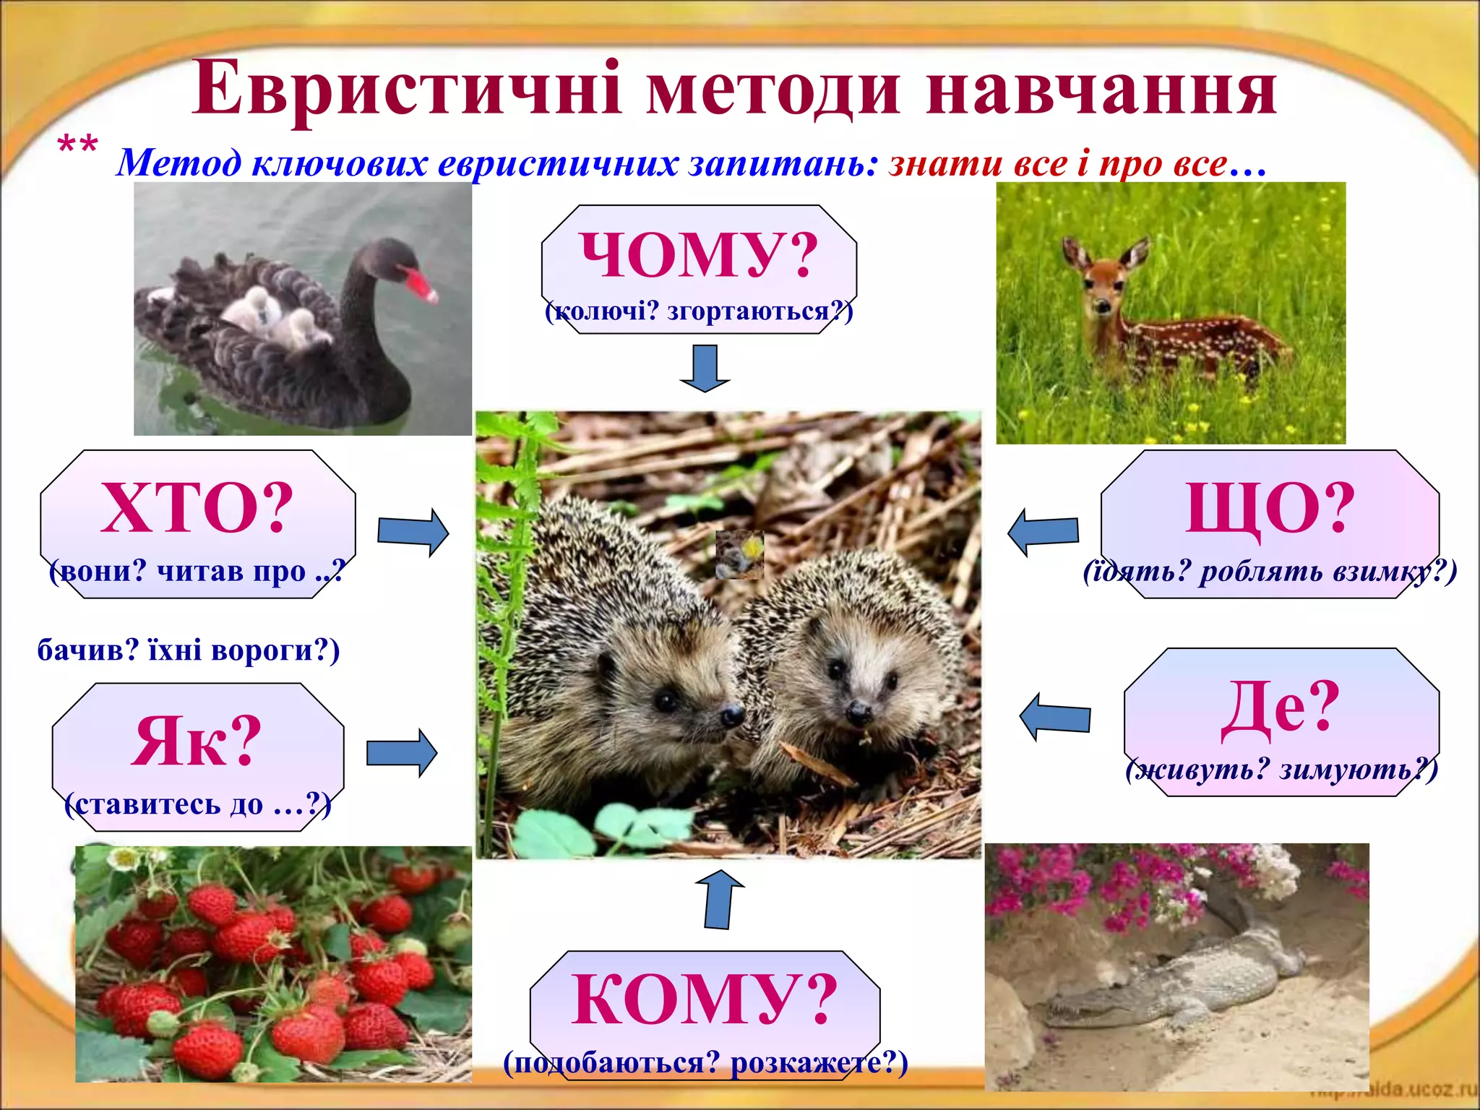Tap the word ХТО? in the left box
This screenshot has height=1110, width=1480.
(197, 508)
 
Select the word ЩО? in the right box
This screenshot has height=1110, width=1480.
(1270, 508)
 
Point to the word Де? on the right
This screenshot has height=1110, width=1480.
(1280, 708)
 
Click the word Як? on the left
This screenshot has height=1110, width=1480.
(196, 741)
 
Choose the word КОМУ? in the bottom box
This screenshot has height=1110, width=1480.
(704, 999)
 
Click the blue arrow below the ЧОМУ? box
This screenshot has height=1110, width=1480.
(705, 368)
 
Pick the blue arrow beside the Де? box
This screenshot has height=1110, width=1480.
(1054, 717)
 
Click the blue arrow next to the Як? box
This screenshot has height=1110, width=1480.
(402, 753)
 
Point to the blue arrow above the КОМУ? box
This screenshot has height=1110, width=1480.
(718, 899)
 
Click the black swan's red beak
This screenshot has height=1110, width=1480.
(421, 284)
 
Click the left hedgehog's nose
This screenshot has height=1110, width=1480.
(732, 715)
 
